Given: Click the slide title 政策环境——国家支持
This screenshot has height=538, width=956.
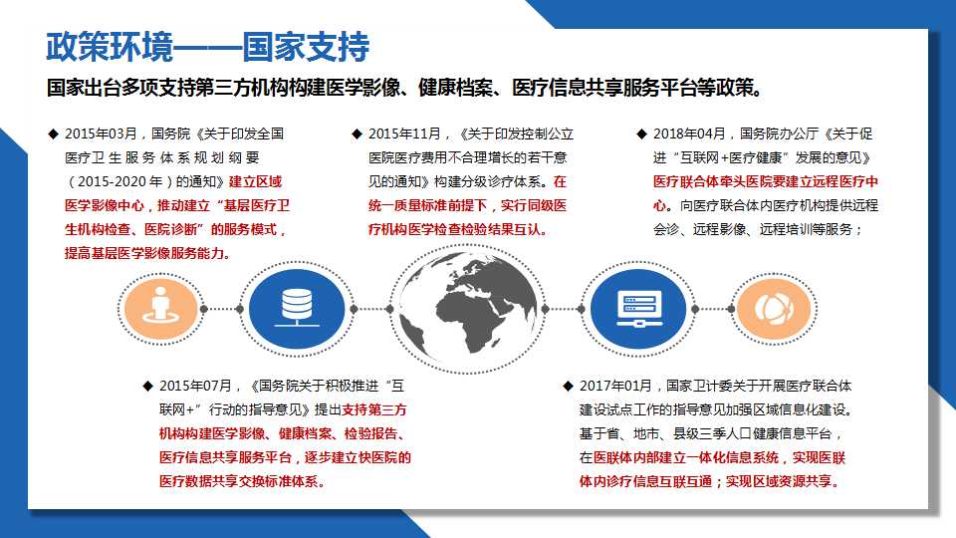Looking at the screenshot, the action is tap(208, 47).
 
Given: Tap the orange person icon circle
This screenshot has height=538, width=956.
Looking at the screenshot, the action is tap(161, 309).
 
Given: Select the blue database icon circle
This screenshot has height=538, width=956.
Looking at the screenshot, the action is tap(297, 309).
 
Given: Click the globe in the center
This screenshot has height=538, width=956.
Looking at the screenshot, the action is tap(468, 309).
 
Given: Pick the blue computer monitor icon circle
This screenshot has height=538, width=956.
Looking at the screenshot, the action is tap(638, 309).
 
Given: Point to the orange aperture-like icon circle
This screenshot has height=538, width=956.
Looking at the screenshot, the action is tap(775, 309).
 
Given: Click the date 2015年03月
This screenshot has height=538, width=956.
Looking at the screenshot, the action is tap(102, 134).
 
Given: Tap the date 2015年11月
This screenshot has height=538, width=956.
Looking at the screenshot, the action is tap(404, 134).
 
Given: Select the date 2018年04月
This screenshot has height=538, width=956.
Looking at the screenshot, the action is tap(689, 134).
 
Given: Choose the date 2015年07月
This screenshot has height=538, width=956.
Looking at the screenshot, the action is tap(196, 386).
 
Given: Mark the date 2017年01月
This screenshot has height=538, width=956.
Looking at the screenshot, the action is tap(615, 386).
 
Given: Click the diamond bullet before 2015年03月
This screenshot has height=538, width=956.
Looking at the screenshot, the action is tap(53, 134).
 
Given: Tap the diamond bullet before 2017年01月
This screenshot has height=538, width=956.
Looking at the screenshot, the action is tap(568, 386).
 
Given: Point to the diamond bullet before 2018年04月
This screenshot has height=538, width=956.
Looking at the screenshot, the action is tap(641, 134).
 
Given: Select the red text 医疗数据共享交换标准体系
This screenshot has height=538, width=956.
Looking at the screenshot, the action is tap(238, 481).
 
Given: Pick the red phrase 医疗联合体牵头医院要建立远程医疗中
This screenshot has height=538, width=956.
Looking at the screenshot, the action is tap(766, 181).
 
